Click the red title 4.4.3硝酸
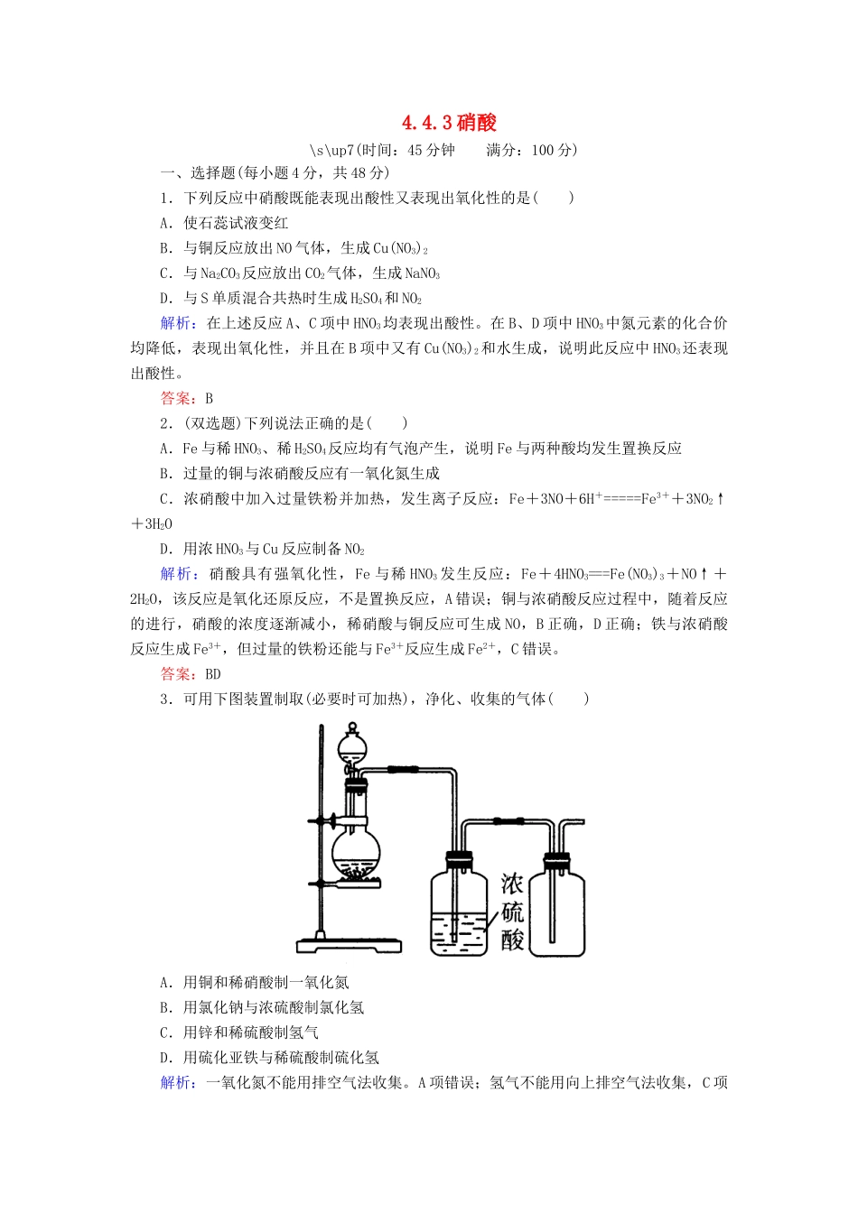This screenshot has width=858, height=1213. (450, 123)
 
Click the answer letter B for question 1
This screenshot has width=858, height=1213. (210, 398)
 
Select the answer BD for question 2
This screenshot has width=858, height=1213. (213, 674)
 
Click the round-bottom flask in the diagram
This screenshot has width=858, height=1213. (356, 850)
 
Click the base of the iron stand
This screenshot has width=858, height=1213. (349, 945)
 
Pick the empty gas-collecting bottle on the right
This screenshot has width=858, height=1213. (556, 907)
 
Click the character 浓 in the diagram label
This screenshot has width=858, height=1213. (512, 884)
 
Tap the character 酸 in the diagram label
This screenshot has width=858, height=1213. (512, 940)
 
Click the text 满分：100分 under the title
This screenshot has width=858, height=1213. (531, 150)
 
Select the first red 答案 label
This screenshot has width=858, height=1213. (176, 398)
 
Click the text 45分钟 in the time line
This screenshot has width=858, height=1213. (431, 150)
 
